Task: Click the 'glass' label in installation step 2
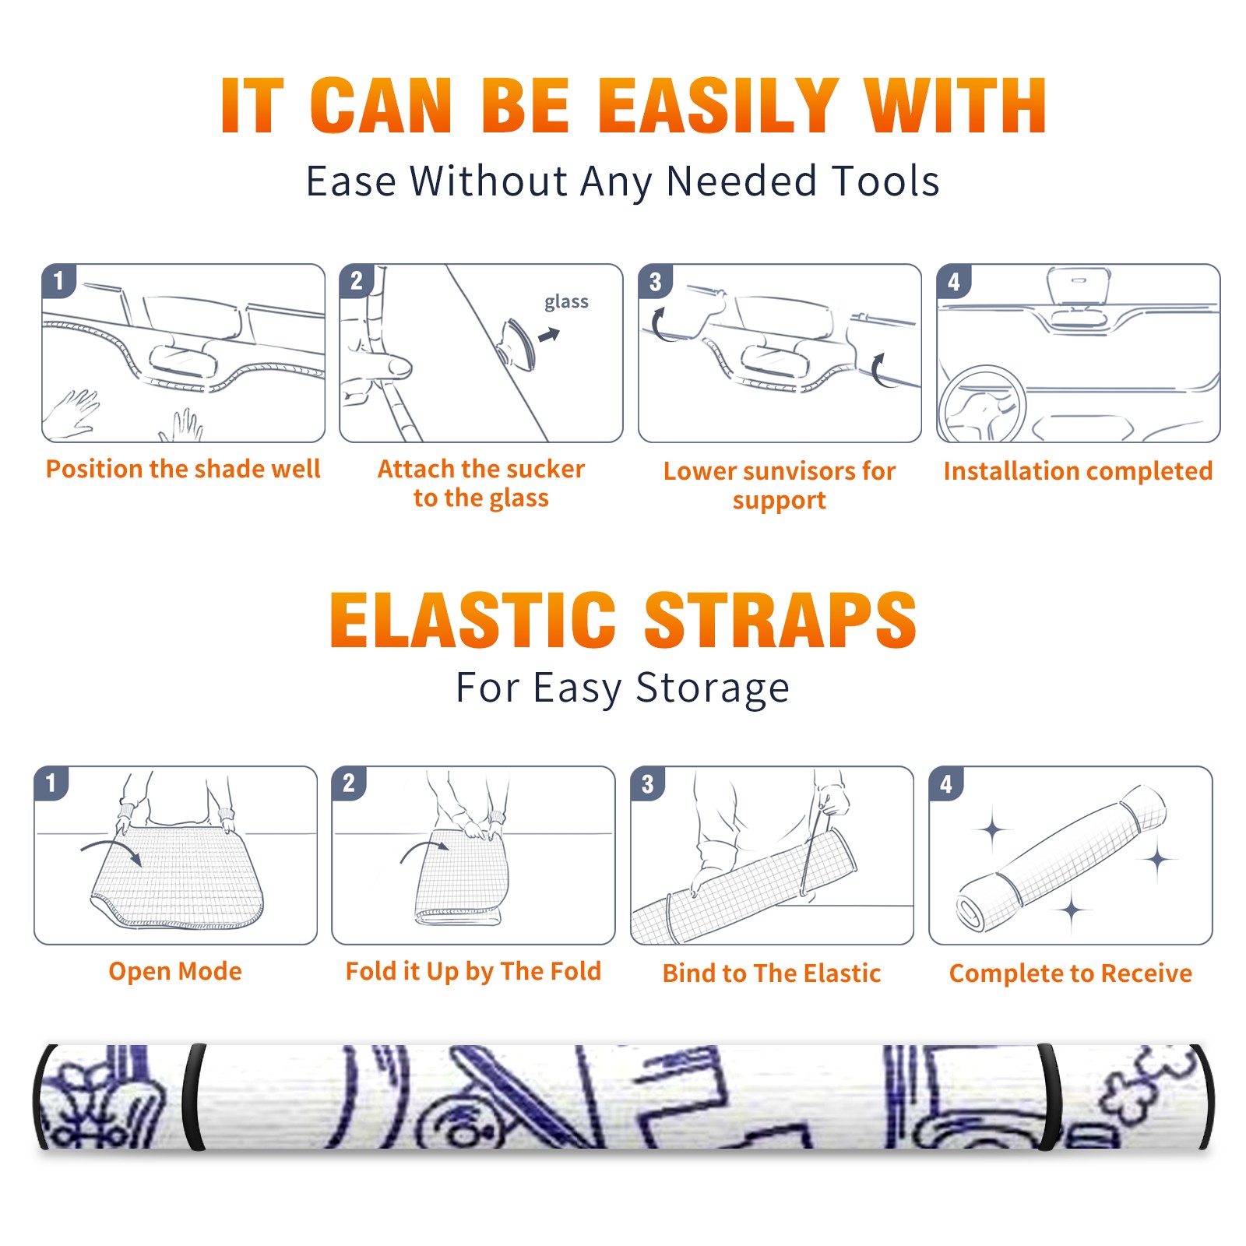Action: tap(566, 302)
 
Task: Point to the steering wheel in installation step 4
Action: tap(982, 405)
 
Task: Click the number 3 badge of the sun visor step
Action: tap(656, 281)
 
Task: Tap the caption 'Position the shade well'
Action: tap(183, 469)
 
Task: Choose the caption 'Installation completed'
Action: tap(1078, 471)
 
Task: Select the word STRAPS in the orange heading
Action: tap(780, 620)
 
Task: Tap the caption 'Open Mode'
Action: tap(175, 972)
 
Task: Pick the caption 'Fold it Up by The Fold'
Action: tap(473, 972)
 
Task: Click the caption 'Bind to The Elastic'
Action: tap(772, 973)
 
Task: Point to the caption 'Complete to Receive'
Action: tap(1071, 973)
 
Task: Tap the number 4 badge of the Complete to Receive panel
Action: tap(946, 783)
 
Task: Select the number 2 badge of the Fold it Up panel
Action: tap(349, 783)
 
